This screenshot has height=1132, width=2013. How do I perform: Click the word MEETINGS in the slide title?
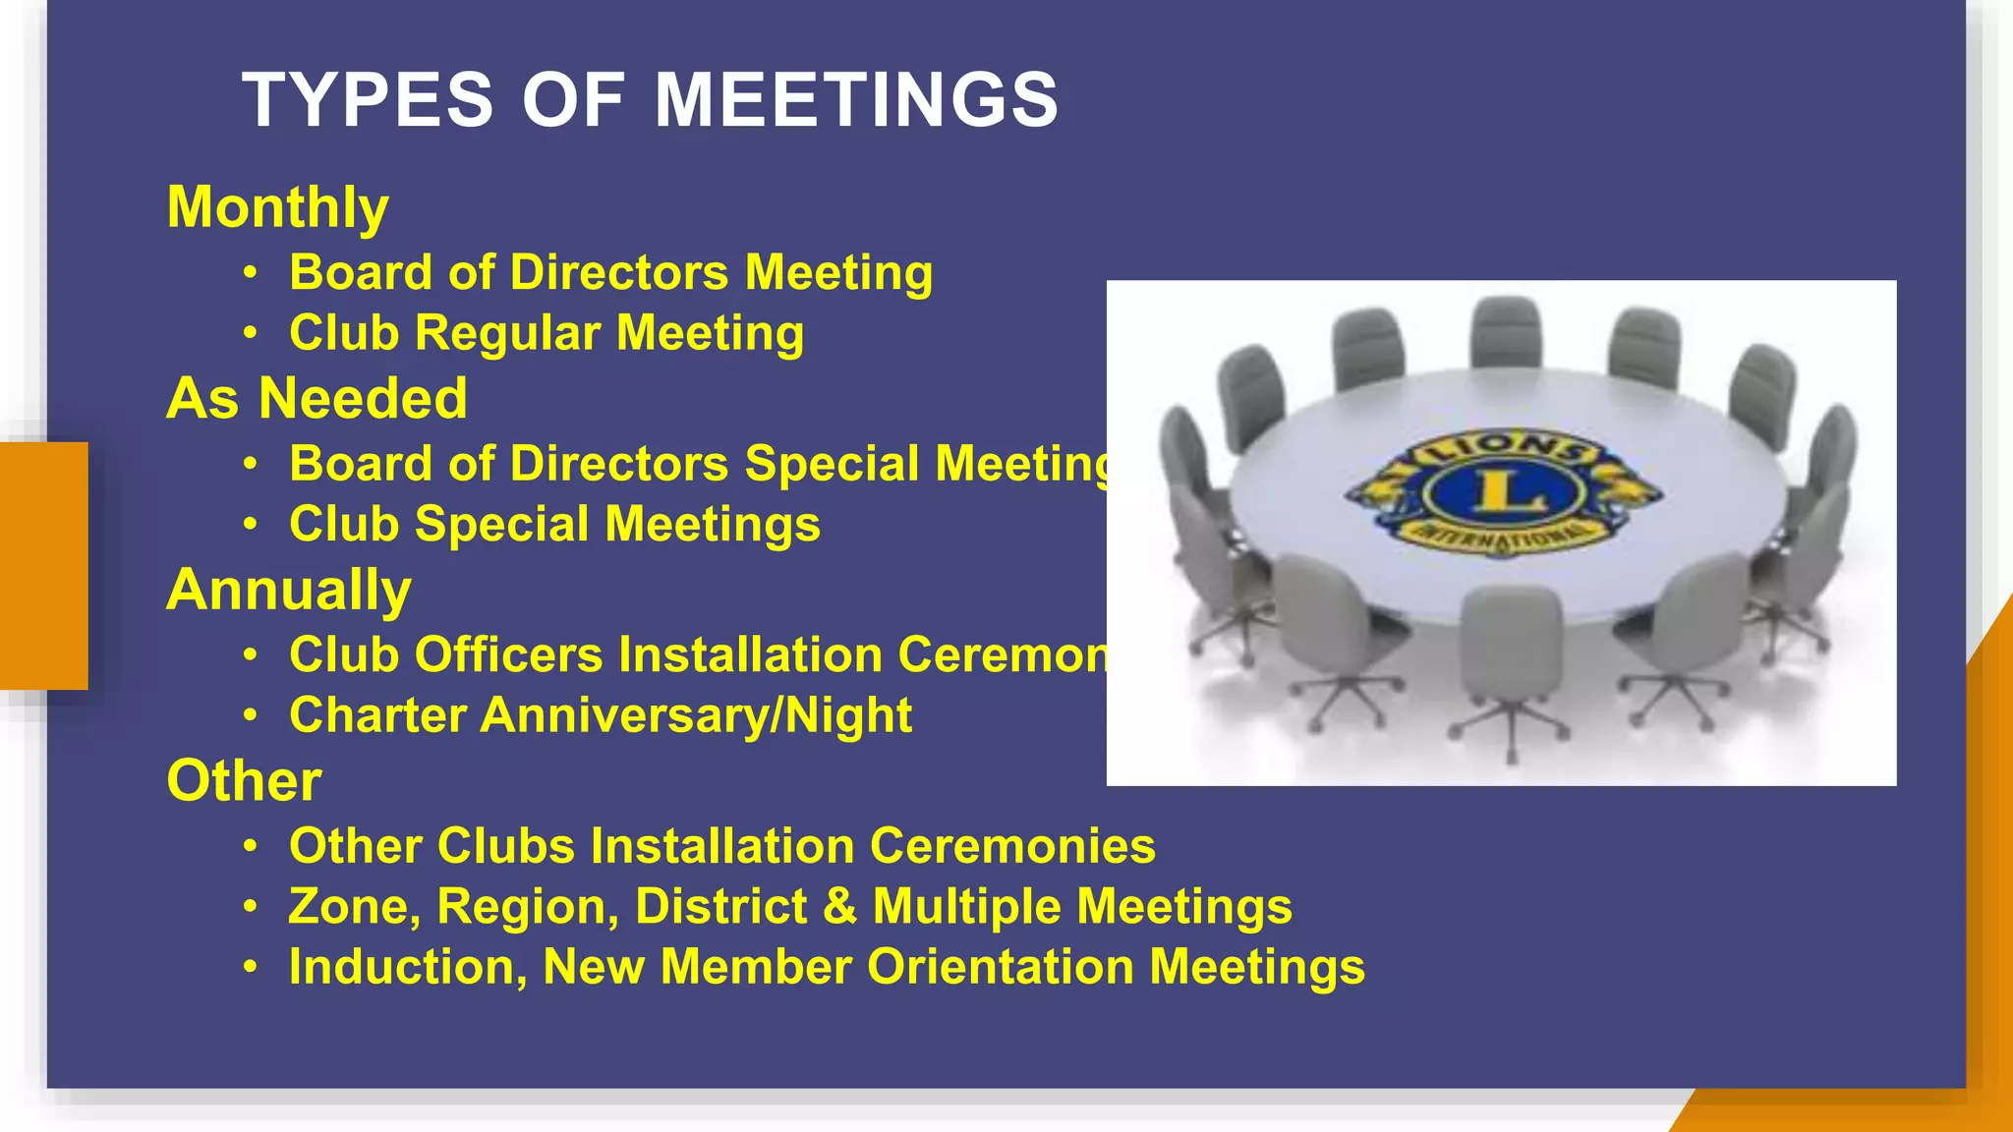(x=856, y=100)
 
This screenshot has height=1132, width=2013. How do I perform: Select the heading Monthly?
(x=278, y=208)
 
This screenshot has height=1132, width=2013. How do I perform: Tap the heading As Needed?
(x=316, y=399)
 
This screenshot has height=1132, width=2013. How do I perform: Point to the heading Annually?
(x=289, y=590)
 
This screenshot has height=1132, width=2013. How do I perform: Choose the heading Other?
(x=244, y=781)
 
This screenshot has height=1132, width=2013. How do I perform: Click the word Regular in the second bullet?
(x=507, y=333)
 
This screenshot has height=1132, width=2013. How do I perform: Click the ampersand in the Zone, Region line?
(x=840, y=906)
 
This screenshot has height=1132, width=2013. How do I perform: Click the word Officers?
(x=508, y=655)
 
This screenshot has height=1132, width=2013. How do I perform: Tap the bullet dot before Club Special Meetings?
(x=251, y=525)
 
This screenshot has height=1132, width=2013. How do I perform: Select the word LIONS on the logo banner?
(x=1500, y=447)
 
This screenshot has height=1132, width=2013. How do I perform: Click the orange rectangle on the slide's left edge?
(x=43, y=565)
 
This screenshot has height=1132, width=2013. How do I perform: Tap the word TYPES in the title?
(x=368, y=100)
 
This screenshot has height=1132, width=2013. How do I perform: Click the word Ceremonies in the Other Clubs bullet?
(x=1012, y=846)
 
